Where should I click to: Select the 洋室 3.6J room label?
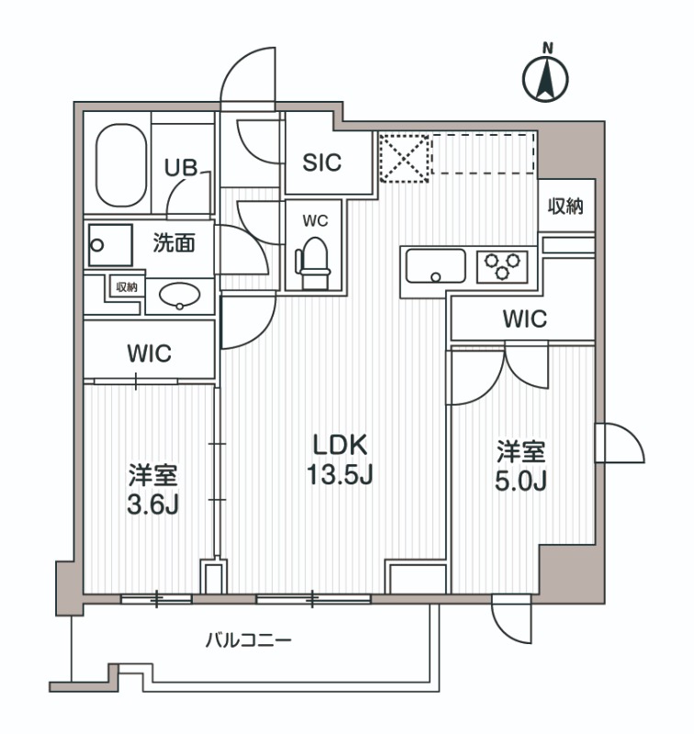pyautogui.click(x=152, y=490)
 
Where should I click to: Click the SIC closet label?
pyautogui.click(x=322, y=162)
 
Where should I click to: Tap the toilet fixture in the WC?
pyautogui.click(x=311, y=256)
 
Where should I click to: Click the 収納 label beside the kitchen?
pyautogui.click(x=565, y=206)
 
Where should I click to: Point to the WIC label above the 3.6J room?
pyautogui.click(x=150, y=353)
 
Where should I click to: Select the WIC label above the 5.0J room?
pyautogui.click(x=524, y=319)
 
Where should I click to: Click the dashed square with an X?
pyautogui.click(x=404, y=158)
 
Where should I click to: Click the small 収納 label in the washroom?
pyautogui.click(x=126, y=286)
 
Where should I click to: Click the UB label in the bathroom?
pyautogui.click(x=180, y=167)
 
